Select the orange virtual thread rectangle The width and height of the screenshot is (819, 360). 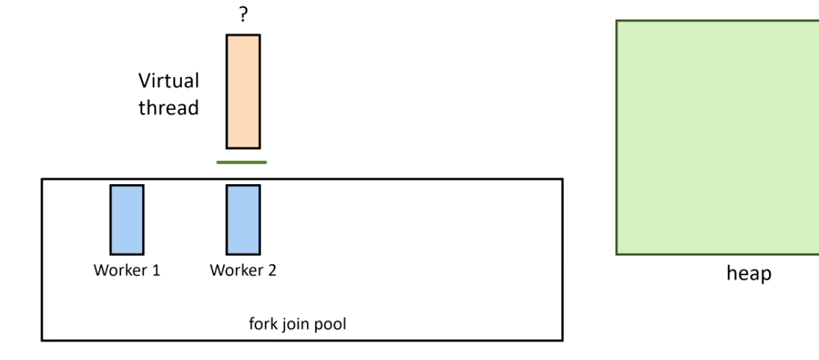tap(243, 91)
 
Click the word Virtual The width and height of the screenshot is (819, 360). tap(168, 80)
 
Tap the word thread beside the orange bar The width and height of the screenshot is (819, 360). tap(168, 108)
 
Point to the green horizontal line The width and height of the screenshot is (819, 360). tap(242, 162)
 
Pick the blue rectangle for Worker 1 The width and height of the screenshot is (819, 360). tap(127, 219)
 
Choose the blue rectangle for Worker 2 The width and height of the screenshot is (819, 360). tap(243, 219)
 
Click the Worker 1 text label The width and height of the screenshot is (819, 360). tap(127, 270)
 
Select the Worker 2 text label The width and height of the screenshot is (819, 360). tap(243, 270)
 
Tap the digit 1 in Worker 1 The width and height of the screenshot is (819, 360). tap(156, 270)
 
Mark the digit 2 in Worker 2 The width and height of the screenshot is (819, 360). tap(272, 270)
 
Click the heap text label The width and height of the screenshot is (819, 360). tap(748, 274)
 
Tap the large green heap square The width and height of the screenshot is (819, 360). tap(717, 137)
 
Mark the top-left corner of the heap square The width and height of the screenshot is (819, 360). tap(617, 21)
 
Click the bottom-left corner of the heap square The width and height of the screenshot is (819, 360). tap(617, 254)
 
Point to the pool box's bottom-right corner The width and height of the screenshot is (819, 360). tap(562, 340)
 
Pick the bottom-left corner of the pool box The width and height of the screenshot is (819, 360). tap(42, 340)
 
